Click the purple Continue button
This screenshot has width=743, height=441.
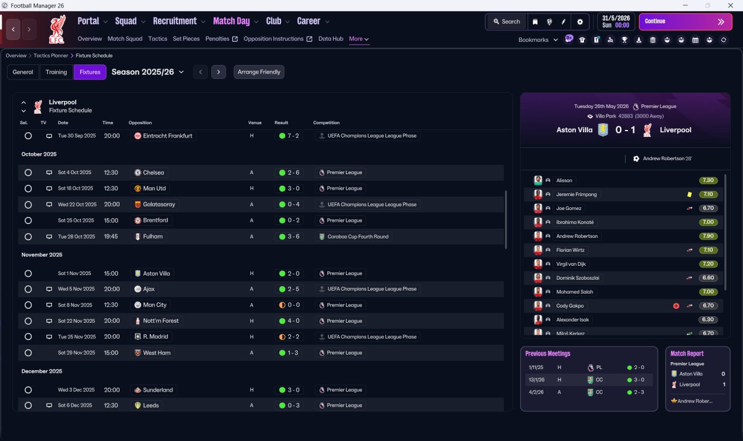tap(686, 21)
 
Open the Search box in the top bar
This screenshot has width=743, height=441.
tap(507, 21)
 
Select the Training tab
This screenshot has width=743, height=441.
tap(56, 72)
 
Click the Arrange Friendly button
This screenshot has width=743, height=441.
tap(259, 72)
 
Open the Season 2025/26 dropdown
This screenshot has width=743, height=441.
tap(147, 72)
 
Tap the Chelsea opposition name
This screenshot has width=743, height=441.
tap(153, 172)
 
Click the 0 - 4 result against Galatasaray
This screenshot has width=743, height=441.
tap(293, 204)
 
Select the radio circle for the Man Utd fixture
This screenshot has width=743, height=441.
tap(28, 189)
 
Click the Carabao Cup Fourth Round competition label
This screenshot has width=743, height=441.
tap(358, 236)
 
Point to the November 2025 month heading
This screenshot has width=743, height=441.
tap(42, 255)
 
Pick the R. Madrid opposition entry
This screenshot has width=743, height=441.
tap(155, 337)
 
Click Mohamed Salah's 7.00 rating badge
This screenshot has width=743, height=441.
tap(708, 292)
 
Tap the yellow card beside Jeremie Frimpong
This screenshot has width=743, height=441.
tap(689, 194)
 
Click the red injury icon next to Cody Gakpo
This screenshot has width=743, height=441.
tap(676, 306)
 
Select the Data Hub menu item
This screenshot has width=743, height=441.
tap(330, 39)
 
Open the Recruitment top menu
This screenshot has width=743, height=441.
tap(175, 21)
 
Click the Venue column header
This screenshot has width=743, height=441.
tap(255, 122)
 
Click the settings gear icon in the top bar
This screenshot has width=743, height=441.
tap(580, 22)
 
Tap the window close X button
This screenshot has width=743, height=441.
tap(730, 5)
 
